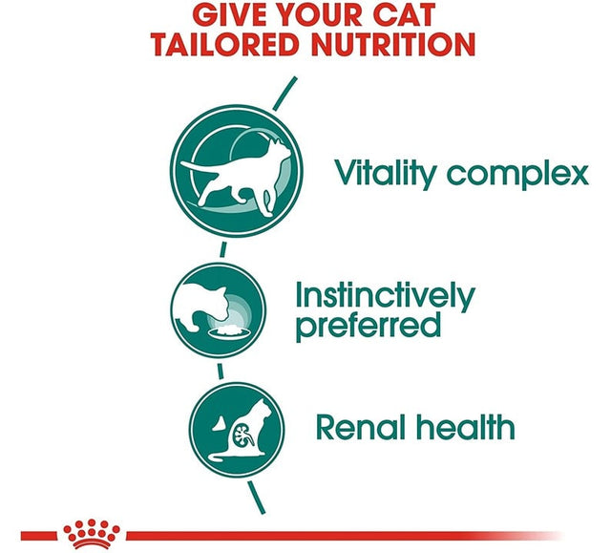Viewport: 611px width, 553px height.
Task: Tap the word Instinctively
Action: [x=384, y=295]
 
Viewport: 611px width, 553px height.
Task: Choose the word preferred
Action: [x=369, y=326]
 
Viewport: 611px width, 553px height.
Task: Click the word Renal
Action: [x=361, y=427]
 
